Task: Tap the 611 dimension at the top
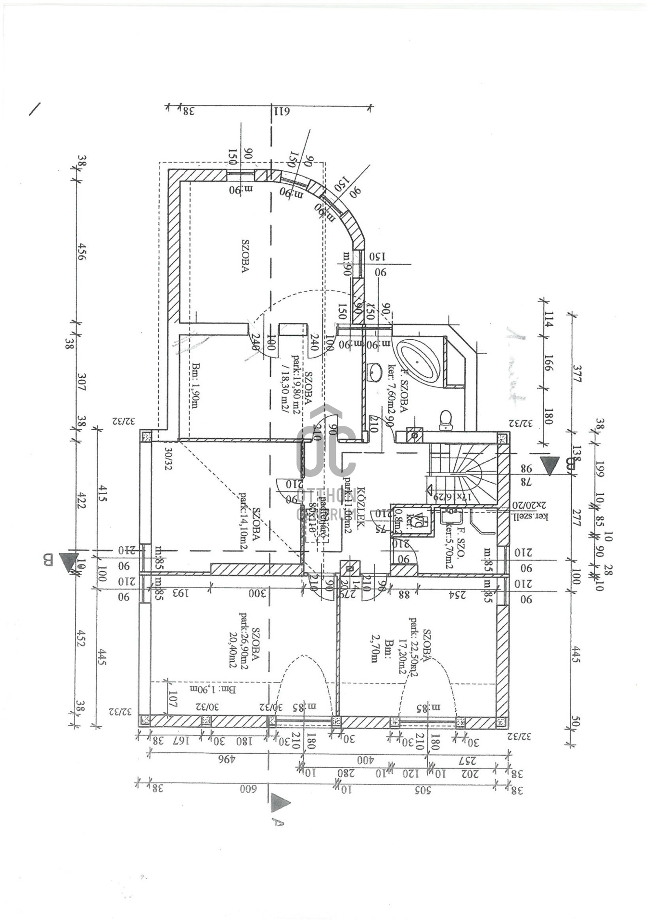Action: tap(282, 111)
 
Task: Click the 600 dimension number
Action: tap(249, 789)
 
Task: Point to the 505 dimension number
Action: tap(423, 790)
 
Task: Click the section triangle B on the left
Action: tap(68, 561)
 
